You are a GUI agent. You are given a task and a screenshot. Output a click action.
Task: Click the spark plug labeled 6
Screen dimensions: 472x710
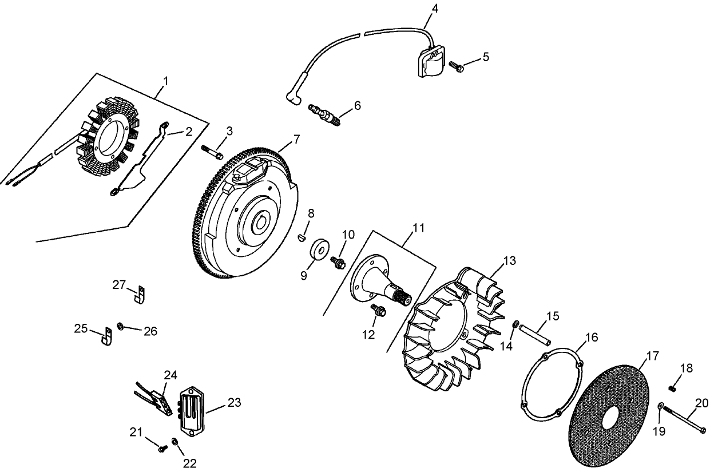point(324,113)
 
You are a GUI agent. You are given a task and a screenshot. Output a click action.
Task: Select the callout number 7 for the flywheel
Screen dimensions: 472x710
point(296,138)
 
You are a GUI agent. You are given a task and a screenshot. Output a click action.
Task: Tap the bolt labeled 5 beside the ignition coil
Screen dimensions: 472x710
point(456,66)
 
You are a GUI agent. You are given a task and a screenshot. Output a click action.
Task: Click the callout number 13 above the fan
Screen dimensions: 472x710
point(509,261)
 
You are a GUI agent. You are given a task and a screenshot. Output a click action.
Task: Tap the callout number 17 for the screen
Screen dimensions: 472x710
point(652,356)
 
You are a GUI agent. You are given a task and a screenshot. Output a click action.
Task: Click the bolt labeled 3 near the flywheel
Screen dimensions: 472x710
point(212,152)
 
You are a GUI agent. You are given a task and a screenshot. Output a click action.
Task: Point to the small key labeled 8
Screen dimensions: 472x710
point(303,237)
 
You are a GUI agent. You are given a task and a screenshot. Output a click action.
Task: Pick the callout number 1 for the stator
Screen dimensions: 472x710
point(165,81)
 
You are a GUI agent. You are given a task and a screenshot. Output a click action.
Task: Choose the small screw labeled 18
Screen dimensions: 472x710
point(673,388)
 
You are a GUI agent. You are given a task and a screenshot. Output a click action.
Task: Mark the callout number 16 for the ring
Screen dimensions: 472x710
point(592,338)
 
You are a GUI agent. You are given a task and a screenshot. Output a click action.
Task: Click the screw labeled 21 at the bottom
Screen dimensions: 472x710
point(162,449)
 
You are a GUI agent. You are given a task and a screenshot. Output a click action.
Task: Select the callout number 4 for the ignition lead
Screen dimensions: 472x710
point(435,9)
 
